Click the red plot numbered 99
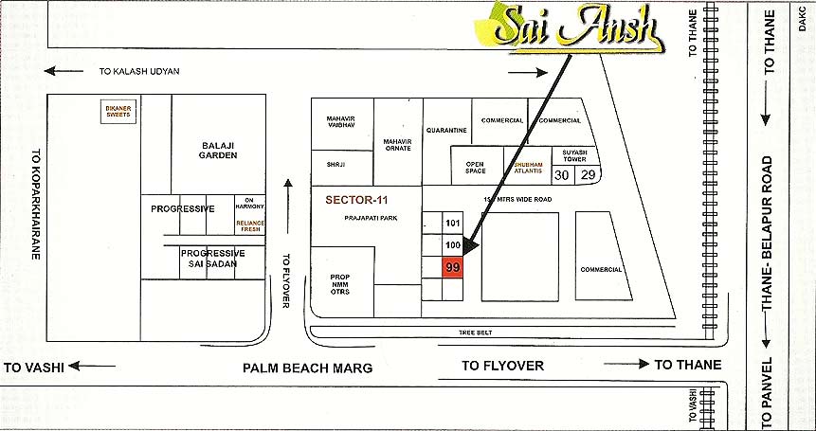[453, 268]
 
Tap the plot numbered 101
[453, 223]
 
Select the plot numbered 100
[453, 245]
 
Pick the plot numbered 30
[562, 175]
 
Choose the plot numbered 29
[588, 175]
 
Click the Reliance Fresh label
[250, 224]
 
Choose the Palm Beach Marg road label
[307, 368]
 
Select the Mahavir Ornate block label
[398, 144]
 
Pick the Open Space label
[475, 168]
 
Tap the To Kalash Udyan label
[139, 71]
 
